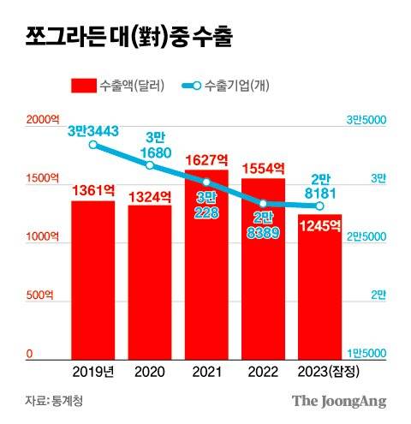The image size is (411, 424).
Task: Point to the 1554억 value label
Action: (x=263, y=170)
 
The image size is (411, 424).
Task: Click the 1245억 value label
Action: (x=319, y=226)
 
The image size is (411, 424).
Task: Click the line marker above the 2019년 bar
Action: (x=92, y=145)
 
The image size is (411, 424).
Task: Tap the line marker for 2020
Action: (x=149, y=164)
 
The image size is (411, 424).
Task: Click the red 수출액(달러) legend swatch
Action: (x=82, y=85)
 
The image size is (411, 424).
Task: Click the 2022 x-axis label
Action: (x=263, y=370)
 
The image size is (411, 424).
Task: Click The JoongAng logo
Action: (x=339, y=400)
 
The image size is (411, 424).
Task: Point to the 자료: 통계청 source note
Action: (x=54, y=400)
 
